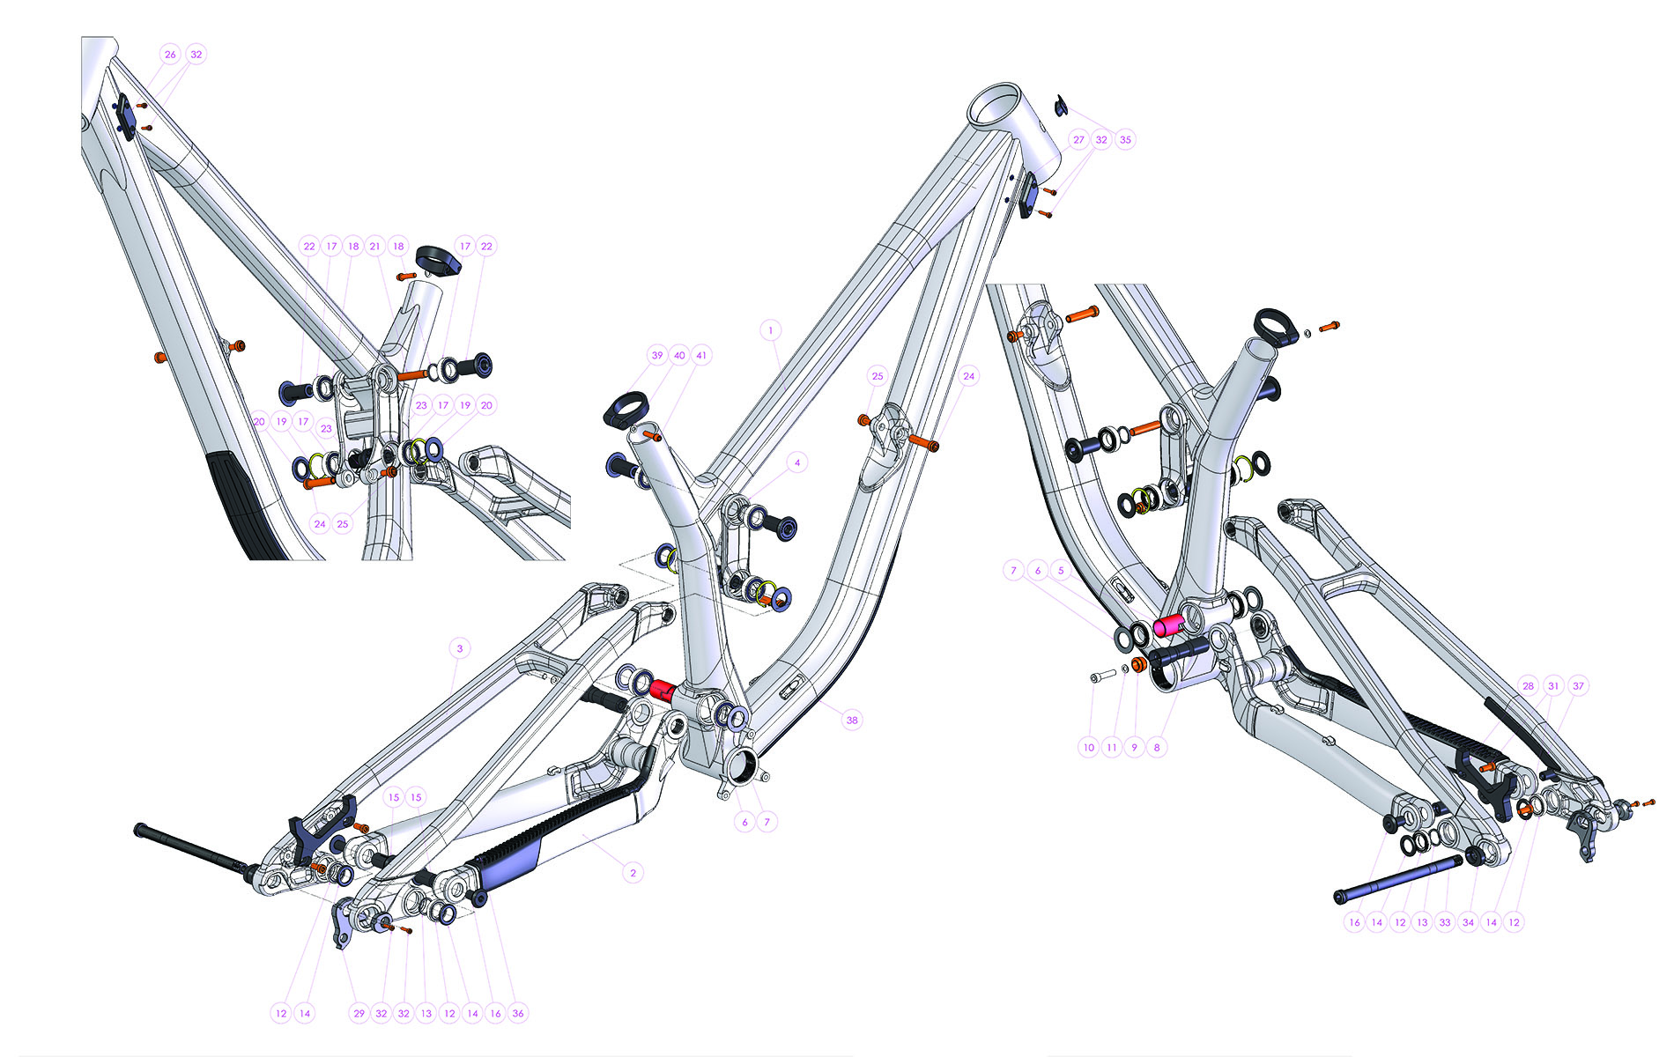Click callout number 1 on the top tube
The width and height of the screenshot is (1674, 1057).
pos(771,330)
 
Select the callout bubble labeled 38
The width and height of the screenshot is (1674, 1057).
pos(852,720)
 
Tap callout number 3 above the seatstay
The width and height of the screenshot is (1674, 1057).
pos(460,648)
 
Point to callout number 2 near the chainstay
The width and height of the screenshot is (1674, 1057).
pos(633,873)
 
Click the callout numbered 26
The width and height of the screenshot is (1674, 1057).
pos(170,54)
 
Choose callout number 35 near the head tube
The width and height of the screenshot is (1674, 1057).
pos(1125,139)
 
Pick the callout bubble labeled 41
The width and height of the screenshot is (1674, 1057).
pos(701,355)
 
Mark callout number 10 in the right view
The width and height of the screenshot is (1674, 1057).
pos(1089,747)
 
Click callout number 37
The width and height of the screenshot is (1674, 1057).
pos(1578,685)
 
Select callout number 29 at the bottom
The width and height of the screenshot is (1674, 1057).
pos(359,1013)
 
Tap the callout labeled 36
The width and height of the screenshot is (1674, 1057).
pos(518,1013)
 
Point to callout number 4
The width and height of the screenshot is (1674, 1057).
pos(797,462)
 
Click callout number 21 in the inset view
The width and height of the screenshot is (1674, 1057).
pos(375,246)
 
